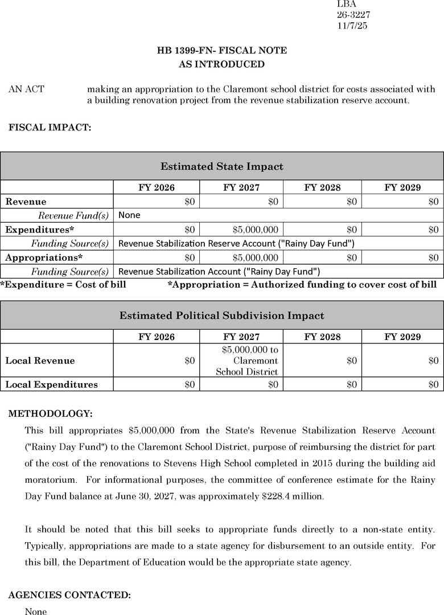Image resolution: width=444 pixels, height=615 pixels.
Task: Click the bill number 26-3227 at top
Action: [353, 15]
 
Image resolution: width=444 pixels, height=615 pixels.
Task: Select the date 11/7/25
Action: [352, 26]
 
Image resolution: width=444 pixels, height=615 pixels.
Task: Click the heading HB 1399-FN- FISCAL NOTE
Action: [222, 51]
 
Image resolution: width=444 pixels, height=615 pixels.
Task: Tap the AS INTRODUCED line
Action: [222, 64]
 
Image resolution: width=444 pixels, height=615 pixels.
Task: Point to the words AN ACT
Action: [26, 89]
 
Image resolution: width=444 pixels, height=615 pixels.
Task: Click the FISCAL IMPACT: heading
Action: [50, 128]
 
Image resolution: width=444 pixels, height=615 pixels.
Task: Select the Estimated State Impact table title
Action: [222, 167]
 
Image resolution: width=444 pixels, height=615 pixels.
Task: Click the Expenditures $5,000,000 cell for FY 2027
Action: [256, 229]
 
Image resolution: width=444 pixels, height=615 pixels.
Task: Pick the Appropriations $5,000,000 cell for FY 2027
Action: [256, 257]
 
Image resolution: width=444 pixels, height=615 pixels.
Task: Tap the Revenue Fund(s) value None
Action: [129, 215]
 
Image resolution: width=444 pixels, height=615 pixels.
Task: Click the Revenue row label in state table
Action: [26, 202]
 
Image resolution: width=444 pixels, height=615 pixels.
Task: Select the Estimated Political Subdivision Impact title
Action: [222, 315]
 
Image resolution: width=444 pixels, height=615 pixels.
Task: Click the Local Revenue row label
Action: [40, 360]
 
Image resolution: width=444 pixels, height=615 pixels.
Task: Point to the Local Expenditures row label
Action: [51, 384]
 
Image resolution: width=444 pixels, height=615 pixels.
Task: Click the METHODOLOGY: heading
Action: [50, 413]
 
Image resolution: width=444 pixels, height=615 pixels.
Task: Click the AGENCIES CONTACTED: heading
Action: [69, 595]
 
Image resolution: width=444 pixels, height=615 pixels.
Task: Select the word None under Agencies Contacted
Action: [36, 612]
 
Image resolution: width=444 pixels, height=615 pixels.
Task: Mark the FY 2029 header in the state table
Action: [402, 187]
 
